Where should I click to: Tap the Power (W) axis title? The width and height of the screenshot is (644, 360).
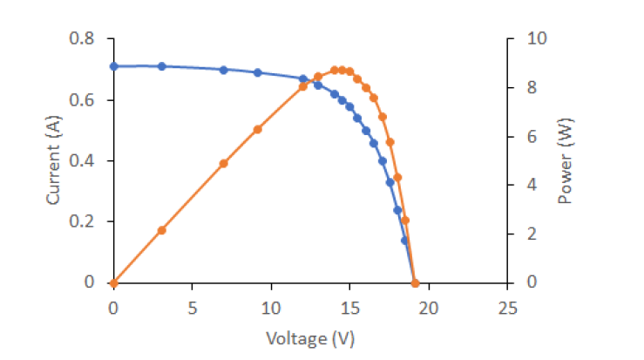point(566,161)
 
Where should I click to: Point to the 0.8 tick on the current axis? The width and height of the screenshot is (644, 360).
point(84,39)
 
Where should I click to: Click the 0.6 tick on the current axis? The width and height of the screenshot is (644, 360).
point(84,100)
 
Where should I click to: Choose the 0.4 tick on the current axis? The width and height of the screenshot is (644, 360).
point(84,161)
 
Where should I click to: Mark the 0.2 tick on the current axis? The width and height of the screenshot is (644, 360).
point(84,221)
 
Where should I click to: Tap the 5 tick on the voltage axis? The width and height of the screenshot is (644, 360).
point(192,308)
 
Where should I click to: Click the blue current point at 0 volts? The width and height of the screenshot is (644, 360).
point(113,66)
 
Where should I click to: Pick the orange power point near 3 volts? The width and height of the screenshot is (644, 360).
point(161,230)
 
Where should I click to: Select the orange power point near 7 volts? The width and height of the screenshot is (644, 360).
point(223,163)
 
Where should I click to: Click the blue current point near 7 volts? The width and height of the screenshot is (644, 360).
point(223,70)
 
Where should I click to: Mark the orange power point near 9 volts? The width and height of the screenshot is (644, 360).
point(258,129)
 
